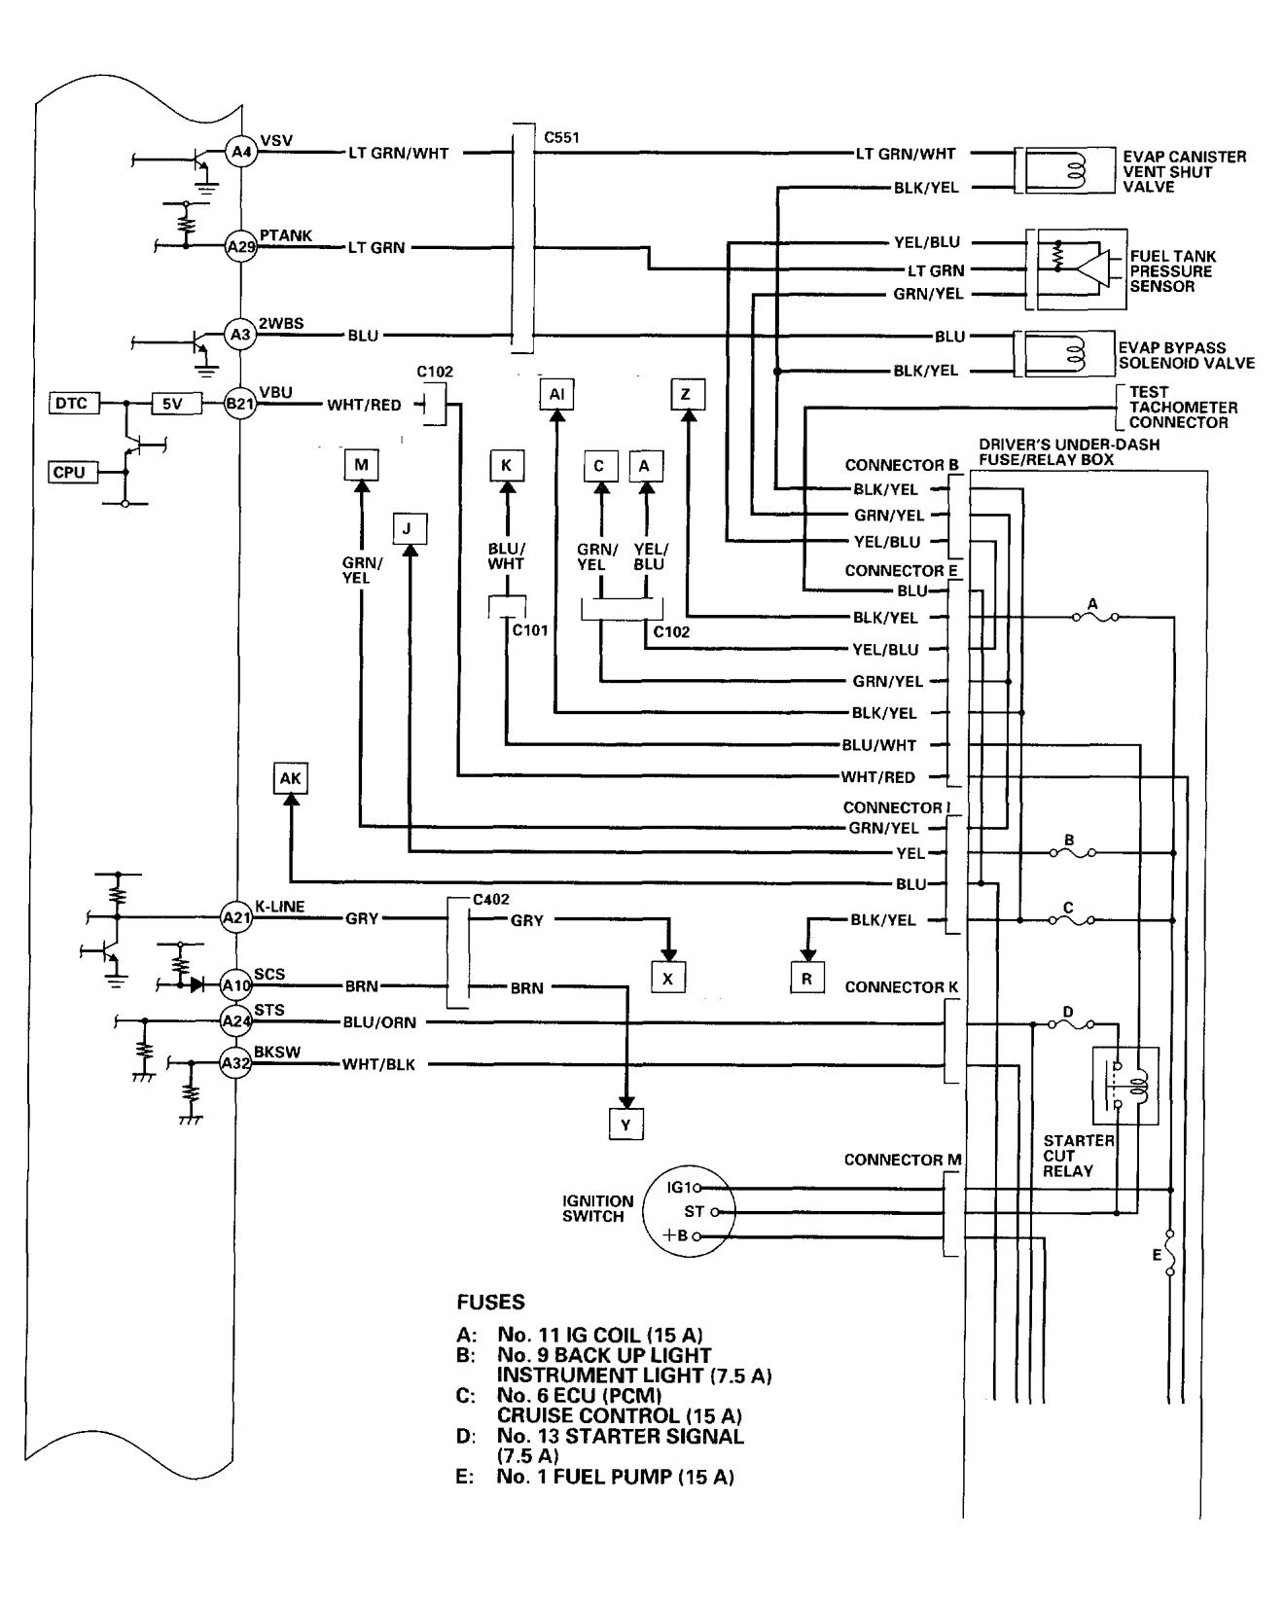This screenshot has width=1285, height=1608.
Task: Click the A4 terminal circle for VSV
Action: tap(239, 153)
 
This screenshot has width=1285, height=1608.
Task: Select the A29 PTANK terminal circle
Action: tap(239, 247)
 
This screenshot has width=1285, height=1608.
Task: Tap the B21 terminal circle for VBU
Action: tap(239, 405)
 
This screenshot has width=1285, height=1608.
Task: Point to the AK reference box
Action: tap(291, 778)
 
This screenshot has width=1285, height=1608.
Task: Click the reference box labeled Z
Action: tap(687, 394)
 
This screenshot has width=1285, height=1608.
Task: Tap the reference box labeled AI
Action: tap(556, 394)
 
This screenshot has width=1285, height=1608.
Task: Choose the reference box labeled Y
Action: tap(625, 1125)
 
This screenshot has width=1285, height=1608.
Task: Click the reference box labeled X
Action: tap(667, 979)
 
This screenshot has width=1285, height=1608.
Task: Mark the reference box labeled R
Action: tap(807, 979)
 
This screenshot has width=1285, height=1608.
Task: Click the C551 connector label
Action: tap(561, 137)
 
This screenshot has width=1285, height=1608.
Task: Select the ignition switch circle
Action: tap(694, 1211)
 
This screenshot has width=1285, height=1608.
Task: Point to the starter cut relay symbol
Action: tap(1127, 1086)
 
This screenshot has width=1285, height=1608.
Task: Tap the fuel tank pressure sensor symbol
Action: tap(1077, 269)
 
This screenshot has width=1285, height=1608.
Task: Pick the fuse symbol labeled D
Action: tap(1069, 1024)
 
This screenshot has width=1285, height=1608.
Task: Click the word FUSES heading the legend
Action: tap(490, 1302)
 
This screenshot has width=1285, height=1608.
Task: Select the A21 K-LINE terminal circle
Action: tap(237, 917)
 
